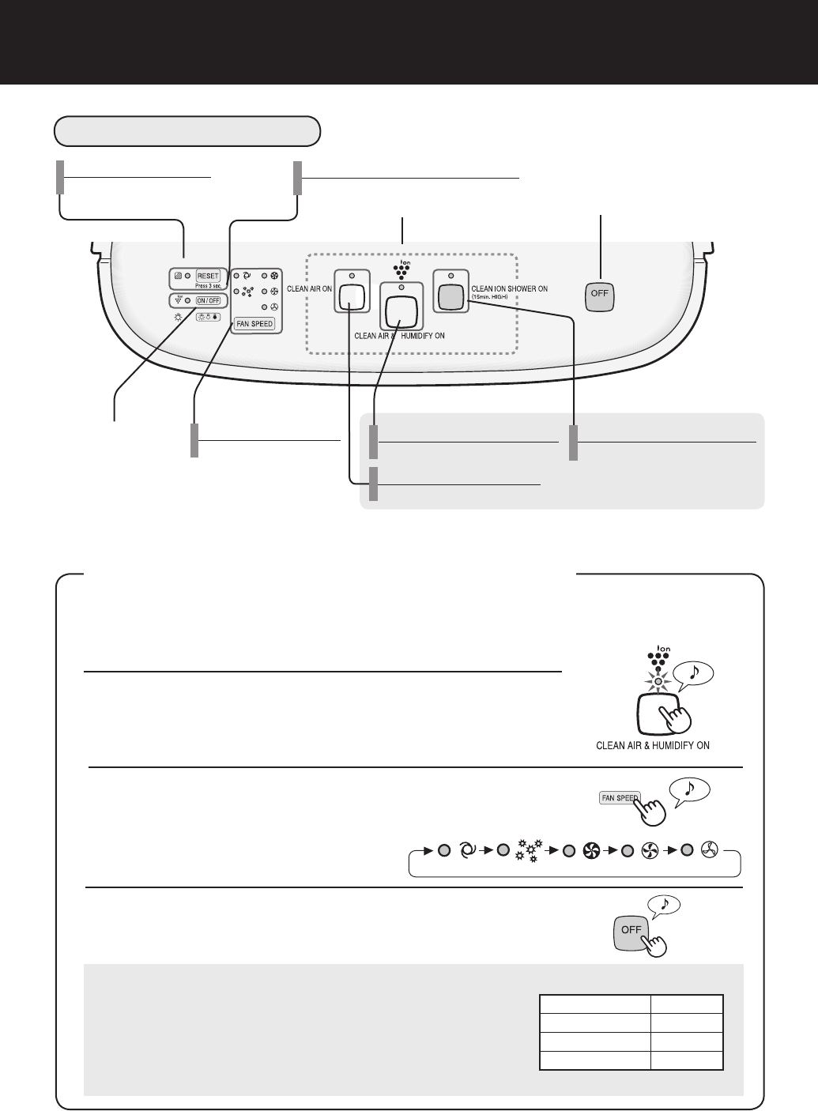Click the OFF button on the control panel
coord(598,297)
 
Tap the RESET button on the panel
coord(207,276)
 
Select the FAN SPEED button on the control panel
coord(254,324)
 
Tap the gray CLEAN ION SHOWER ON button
coord(450,296)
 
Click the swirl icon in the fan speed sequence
coord(466,851)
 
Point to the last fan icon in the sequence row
coord(709,851)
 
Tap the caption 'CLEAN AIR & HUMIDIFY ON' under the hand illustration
coord(652,744)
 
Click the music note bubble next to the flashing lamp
coord(692,672)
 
